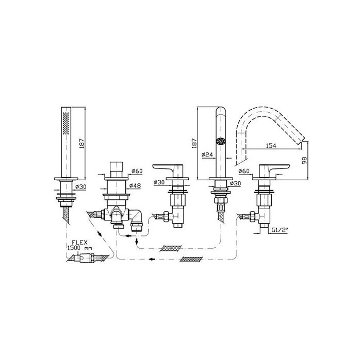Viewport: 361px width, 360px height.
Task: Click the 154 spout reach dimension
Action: click(271, 146)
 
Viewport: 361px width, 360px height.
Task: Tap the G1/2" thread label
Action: click(280, 230)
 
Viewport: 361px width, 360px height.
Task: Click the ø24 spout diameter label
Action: click(207, 155)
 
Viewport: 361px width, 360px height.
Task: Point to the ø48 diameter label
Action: click(135, 185)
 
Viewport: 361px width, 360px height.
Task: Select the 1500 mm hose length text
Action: click(79, 248)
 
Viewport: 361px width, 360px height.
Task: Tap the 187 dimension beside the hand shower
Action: click(82, 143)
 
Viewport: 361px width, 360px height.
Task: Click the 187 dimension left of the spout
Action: click(194, 143)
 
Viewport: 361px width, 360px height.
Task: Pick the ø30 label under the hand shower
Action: click(80, 186)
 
